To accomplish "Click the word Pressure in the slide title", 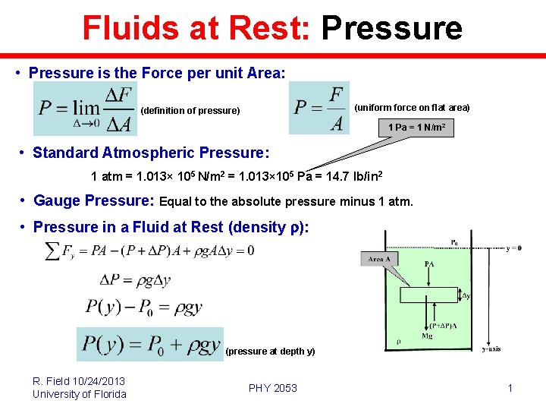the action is pos(391,28).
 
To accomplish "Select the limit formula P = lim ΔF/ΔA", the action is pos(86,109).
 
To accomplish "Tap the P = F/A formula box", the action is pos(319,108).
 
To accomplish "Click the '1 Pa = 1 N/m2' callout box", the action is pos(416,128).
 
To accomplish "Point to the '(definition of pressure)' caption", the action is pos(190,111).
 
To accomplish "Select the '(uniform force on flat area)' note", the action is pos(412,108).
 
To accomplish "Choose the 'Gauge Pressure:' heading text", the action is pos(94,201).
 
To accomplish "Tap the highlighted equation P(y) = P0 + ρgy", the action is pos(150,344).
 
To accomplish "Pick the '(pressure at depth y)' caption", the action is pos(270,352).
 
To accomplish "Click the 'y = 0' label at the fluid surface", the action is pos(513,248).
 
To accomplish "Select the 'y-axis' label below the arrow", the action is pos(491,349).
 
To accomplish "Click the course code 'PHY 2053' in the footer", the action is pos(273,388).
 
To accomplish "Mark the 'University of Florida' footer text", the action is pos(79,394).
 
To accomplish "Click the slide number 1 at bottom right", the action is pos(510,388).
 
